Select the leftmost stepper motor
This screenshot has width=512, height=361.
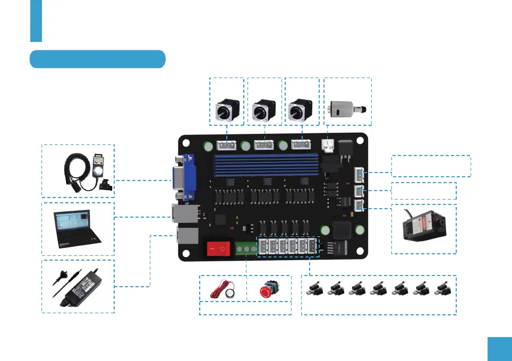click(x=227, y=110)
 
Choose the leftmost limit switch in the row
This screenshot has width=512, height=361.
click(x=315, y=289)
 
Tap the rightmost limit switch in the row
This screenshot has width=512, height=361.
click(x=442, y=289)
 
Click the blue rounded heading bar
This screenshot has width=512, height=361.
click(x=98, y=59)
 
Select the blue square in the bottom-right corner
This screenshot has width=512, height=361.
click(x=499, y=348)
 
